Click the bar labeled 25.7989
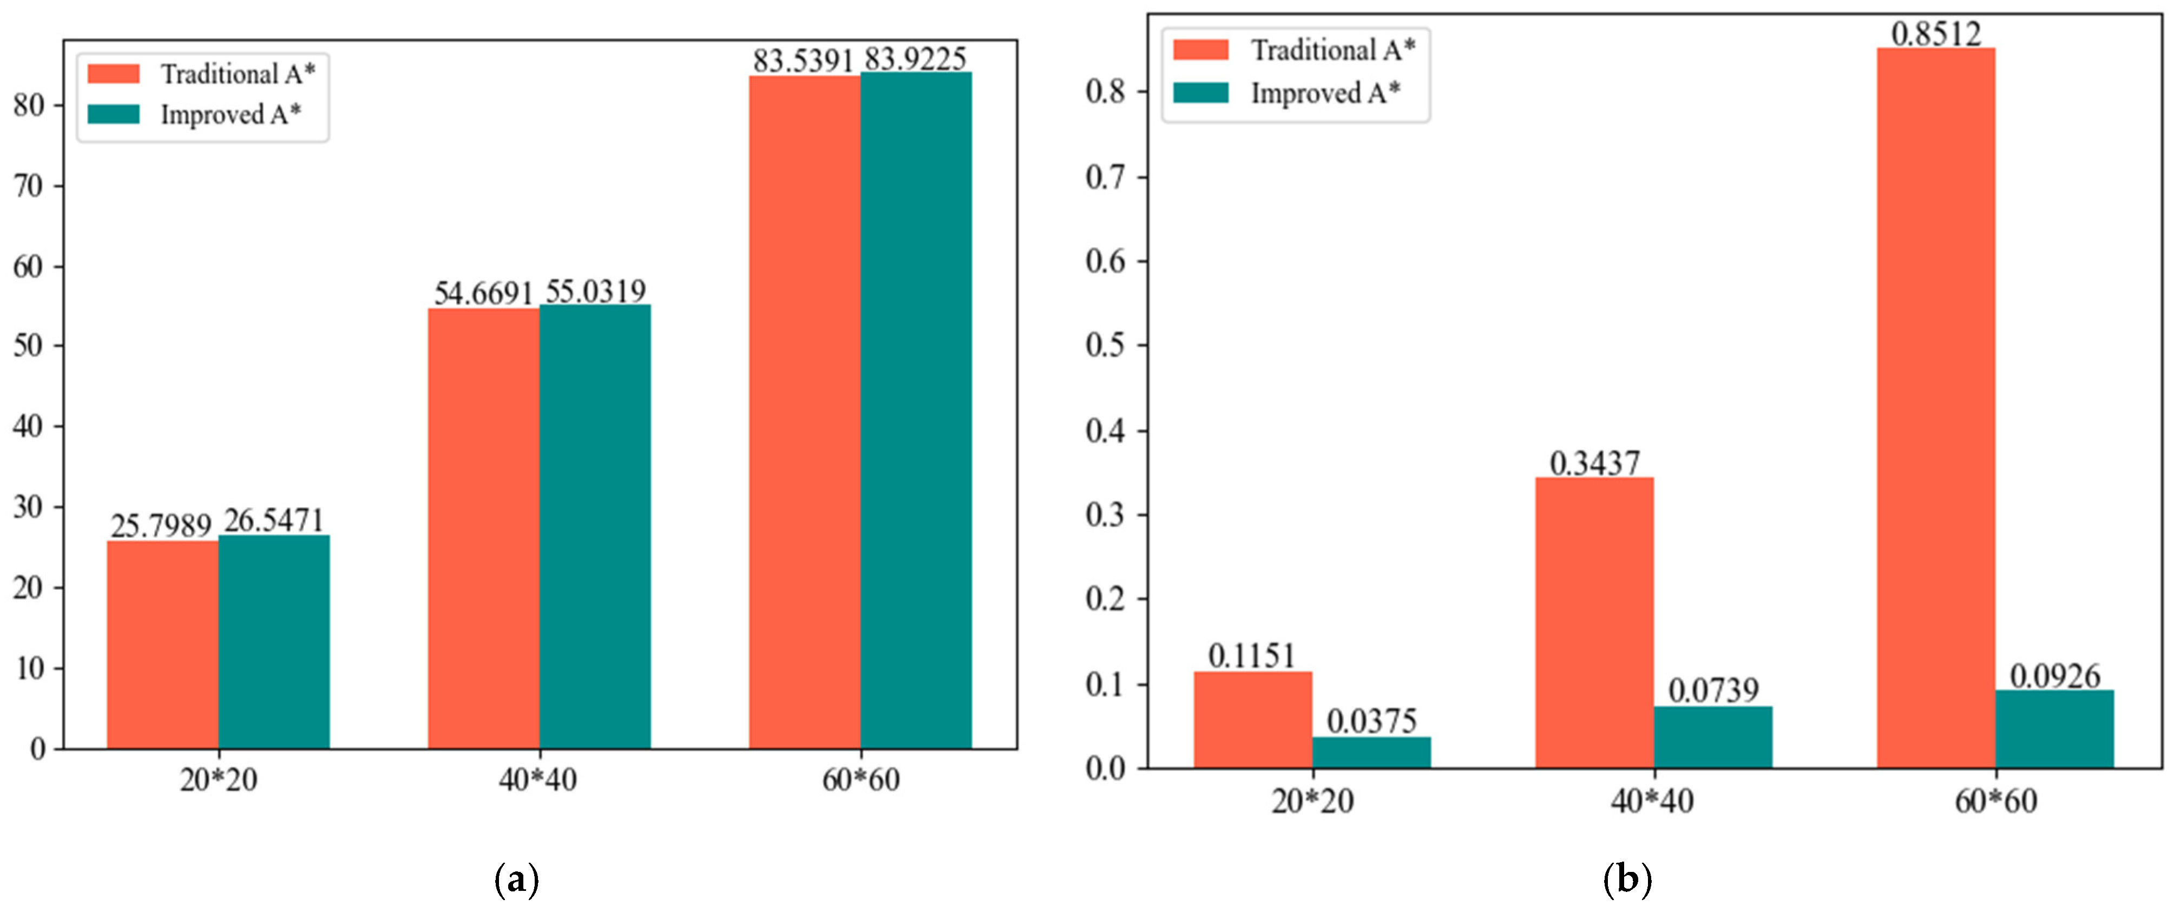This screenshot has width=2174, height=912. point(162,644)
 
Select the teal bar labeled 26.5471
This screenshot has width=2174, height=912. point(273,642)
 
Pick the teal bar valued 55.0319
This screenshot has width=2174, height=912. point(595,526)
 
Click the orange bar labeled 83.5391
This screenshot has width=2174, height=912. point(804,412)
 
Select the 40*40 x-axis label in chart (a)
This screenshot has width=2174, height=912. point(537,779)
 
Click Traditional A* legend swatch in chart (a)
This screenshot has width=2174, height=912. point(113,74)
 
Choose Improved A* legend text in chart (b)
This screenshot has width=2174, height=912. point(1325,93)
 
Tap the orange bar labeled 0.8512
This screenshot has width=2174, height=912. point(1935,408)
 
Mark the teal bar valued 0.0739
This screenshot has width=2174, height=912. point(1712,737)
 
